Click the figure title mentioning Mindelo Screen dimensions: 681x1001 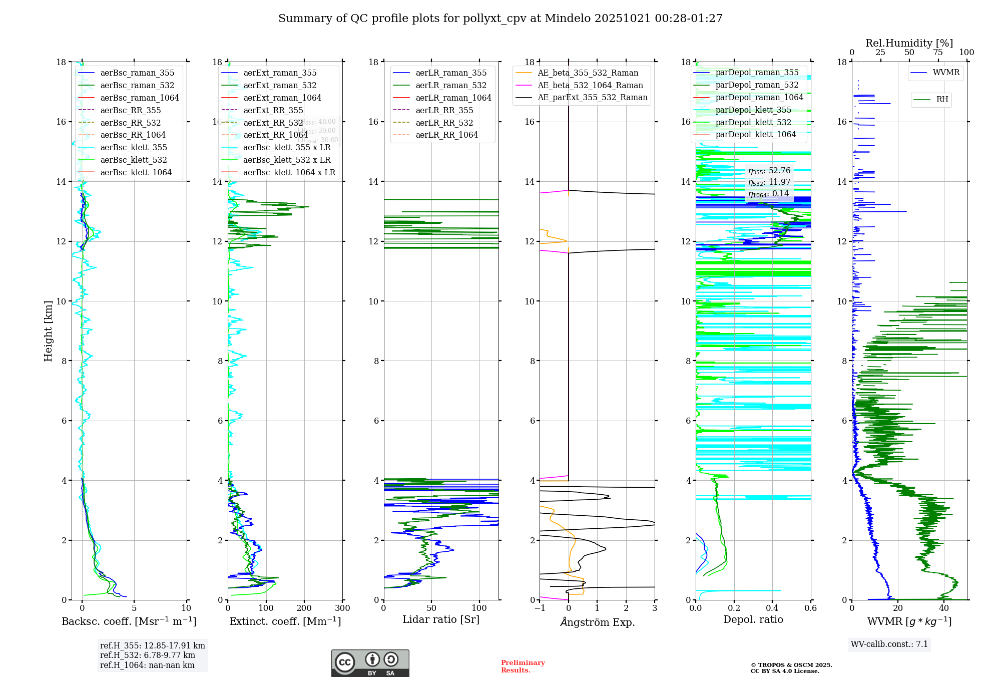(x=500, y=19)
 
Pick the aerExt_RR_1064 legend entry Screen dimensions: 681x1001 (x=275, y=135)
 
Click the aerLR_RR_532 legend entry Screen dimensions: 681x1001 (x=444, y=123)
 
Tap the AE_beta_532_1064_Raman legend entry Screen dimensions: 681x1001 (x=590, y=85)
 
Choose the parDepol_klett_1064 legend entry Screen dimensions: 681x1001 (x=755, y=134)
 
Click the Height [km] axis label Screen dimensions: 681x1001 (x=48, y=331)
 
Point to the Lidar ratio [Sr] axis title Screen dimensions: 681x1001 (x=441, y=619)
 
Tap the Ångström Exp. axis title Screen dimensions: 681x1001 (x=597, y=622)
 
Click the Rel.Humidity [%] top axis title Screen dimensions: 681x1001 (x=909, y=43)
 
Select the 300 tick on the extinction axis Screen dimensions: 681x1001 (x=342, y=608)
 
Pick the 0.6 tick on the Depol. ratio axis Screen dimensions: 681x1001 (x=810, y=608)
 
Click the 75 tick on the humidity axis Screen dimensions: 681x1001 (x=938, y=53)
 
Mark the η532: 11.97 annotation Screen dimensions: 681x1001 (x=769, y=182)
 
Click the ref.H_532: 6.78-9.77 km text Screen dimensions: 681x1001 (x=148, y=655)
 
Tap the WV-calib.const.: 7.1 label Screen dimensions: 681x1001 (x=889, y=644)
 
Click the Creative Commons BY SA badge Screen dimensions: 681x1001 (x=370, y=663)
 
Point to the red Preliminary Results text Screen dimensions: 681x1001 (x=523, y=666)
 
